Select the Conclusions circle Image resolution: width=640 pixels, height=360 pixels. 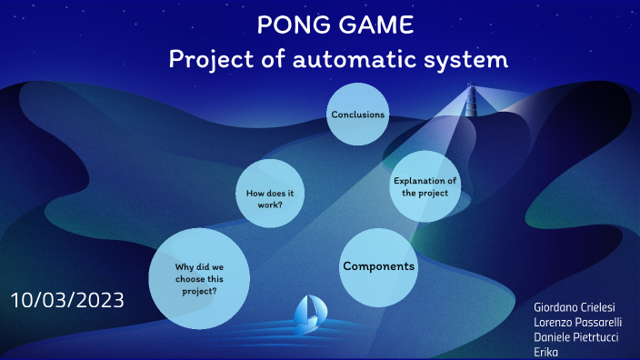click(357, 115)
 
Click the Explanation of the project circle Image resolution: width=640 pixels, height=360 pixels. click(425, 186)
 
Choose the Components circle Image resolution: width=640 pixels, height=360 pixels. click(378, 266)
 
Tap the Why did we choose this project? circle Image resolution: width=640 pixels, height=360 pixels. click(199, 278)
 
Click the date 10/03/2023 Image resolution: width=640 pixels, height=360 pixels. click(68, 299)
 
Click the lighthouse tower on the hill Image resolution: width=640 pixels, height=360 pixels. click(471, 99)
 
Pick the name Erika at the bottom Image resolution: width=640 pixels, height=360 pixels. click(547, 352)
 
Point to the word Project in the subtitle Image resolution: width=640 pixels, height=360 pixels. click(214, 61)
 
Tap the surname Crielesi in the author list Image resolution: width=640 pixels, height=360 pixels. click(604, 309)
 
